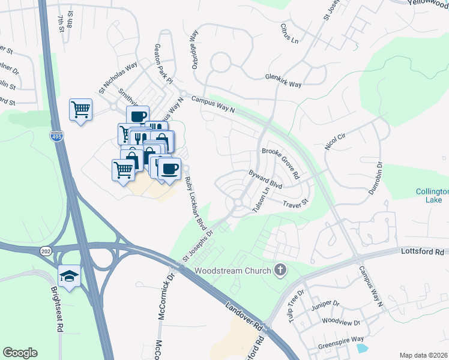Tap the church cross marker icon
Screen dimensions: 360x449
(279, 271)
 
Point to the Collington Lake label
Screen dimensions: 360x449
(432, 196)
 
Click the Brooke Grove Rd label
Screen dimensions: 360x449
(280, 161)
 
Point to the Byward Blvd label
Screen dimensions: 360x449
(265, 178)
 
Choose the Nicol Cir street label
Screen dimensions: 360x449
(335, 142)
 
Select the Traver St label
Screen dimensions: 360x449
(295, 204)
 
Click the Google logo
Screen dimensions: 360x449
(20, 353)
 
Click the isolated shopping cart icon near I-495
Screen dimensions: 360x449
(80, 110)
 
